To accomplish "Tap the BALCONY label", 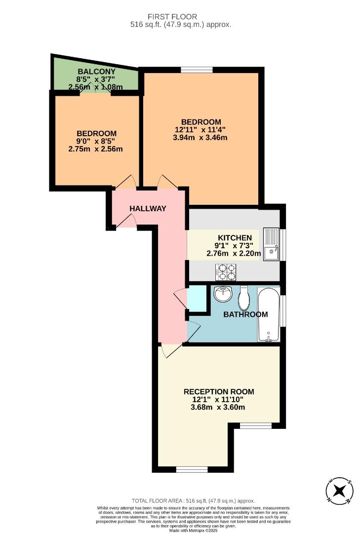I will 96,72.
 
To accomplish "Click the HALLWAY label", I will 148,209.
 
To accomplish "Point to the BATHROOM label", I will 245,314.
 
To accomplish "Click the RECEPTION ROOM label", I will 219,391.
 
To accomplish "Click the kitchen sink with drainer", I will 272,244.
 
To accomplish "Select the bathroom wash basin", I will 223,294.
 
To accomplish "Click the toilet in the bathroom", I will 244,297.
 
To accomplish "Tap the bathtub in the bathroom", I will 269,314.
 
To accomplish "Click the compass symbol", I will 339,491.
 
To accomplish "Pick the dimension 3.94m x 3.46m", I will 200,138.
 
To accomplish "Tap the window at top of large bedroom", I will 197,69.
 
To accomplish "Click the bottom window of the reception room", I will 192,469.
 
